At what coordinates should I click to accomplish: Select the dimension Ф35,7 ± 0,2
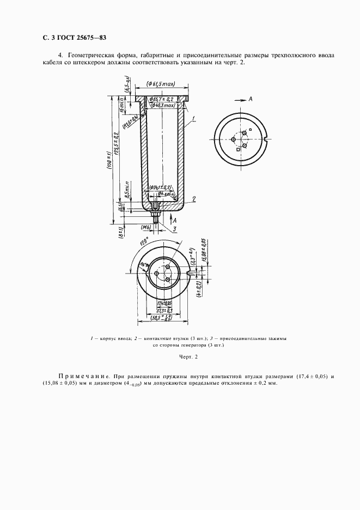pos(162,99)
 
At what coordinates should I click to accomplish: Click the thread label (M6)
pos(145,227)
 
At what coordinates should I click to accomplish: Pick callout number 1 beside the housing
pos(194,118)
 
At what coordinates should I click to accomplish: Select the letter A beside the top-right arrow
pos(250,99)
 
